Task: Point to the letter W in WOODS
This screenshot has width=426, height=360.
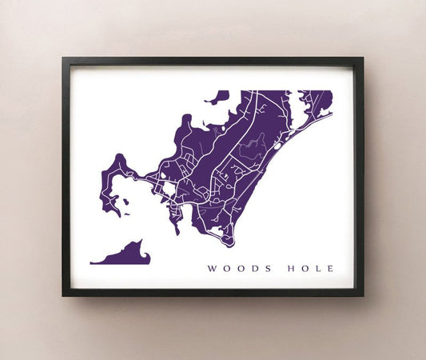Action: point(211,268)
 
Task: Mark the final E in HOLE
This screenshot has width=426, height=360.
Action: point(329,268)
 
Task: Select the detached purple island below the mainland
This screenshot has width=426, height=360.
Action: point(124,254)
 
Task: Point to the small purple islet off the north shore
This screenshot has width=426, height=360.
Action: point(217,98)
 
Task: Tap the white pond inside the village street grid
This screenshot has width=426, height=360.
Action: point(169,189)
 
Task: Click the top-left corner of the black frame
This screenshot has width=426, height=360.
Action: point(64,58)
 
